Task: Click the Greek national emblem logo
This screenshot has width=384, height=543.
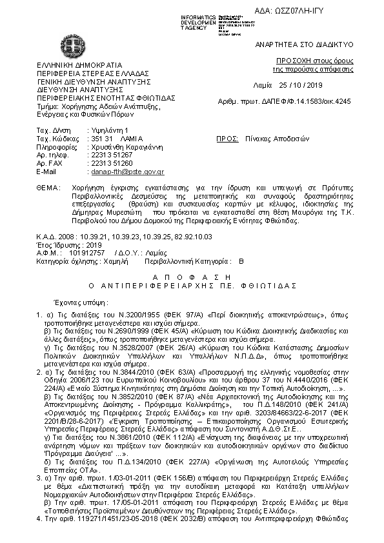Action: tap(72, 45)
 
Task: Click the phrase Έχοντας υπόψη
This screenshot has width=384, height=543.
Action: tap(80, 301)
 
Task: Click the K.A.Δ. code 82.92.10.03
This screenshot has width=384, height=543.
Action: tap(194, 237)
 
